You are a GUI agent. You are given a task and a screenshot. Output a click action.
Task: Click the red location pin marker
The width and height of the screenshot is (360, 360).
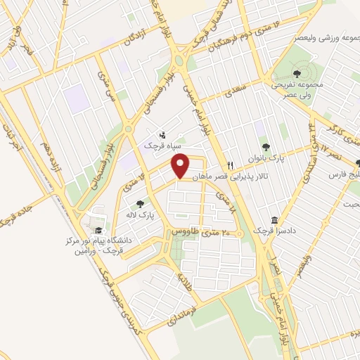[181, 166]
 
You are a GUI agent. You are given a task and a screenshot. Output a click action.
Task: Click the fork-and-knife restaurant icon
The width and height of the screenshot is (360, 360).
[229, 186]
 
